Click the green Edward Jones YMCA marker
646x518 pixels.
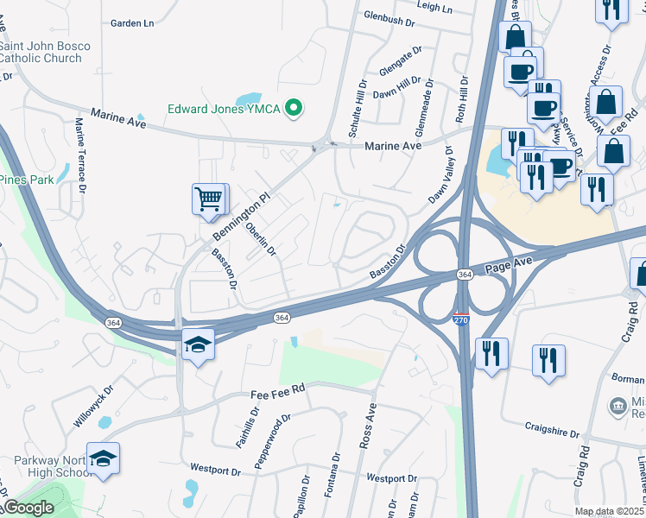click(294, 109)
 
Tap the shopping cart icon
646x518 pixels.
click(209, 199)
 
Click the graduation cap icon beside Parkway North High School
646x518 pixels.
click(103, 458)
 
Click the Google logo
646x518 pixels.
click(28, 508)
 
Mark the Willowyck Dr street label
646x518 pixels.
click(91, 407)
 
